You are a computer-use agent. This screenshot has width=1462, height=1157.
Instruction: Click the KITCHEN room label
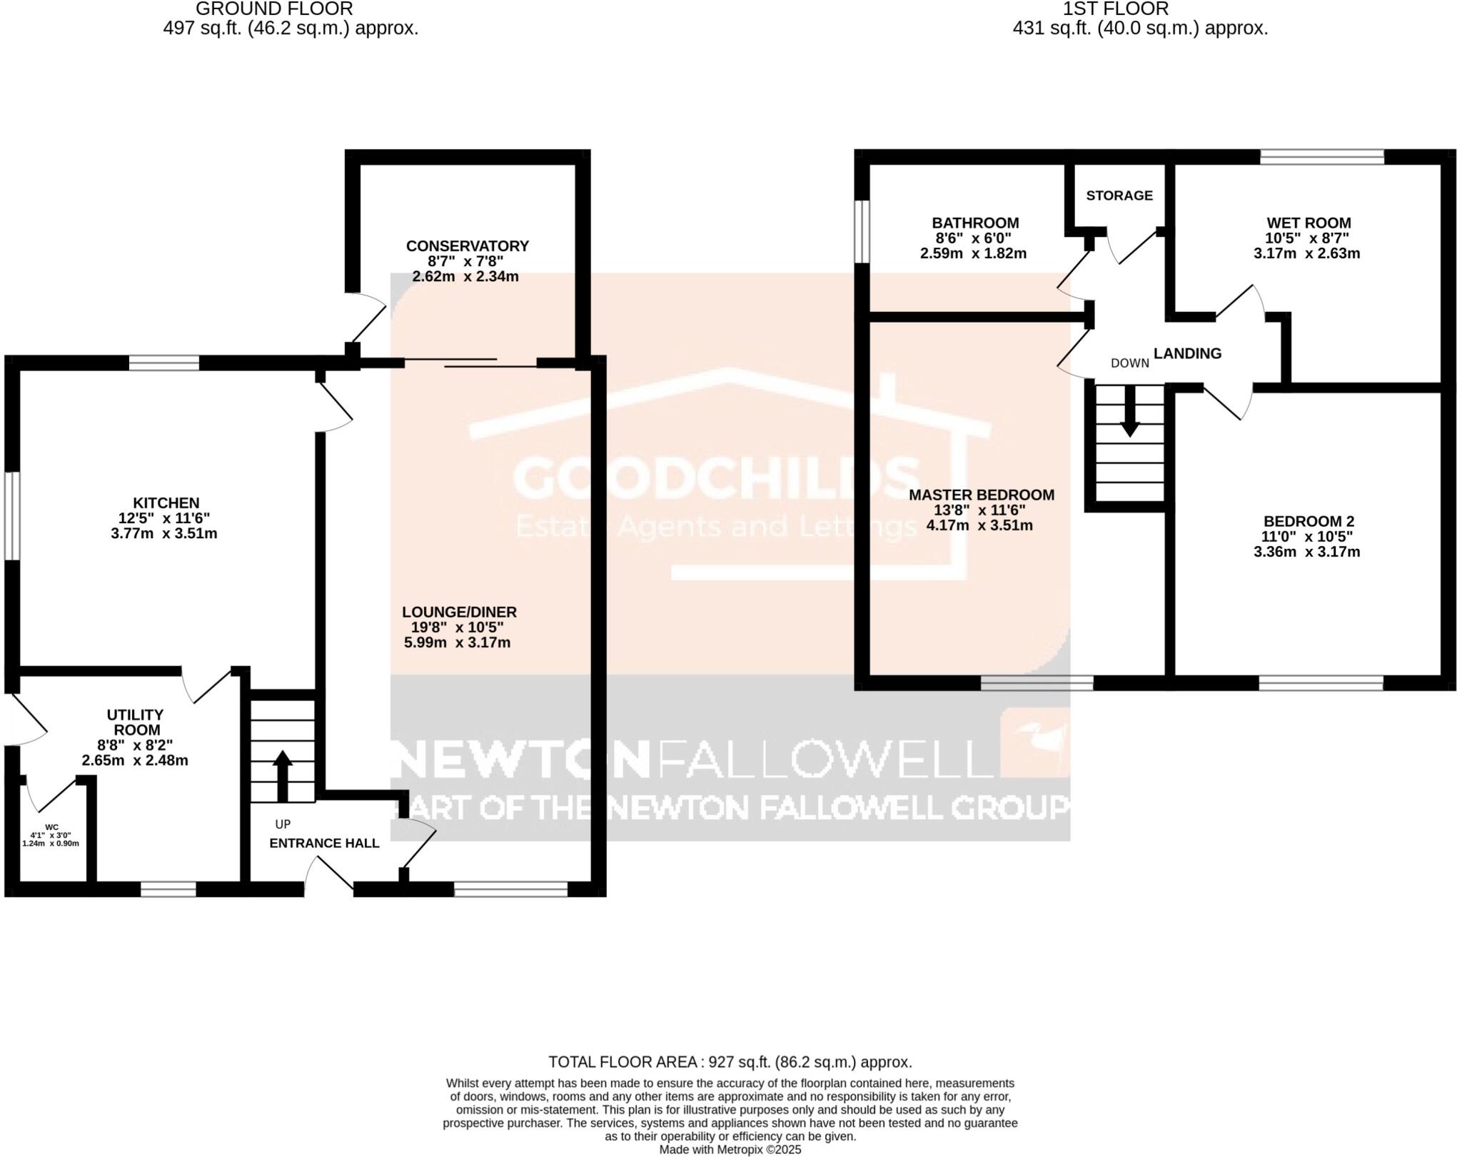coord(166,502)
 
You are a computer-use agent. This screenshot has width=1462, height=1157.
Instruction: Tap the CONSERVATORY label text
coord(467,246)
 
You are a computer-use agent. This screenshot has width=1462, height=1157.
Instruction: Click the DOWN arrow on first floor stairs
coord(1129,411)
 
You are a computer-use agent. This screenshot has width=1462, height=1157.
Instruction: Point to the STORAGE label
coord(1119,196)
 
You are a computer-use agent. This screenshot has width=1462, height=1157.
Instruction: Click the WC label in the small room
coord(51,827)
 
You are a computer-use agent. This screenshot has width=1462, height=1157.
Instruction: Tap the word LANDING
coord(1187,353)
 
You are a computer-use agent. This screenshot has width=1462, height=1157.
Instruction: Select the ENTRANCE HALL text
coord(324,843)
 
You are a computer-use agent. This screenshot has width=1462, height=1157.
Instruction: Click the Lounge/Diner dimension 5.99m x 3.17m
coord(457,642)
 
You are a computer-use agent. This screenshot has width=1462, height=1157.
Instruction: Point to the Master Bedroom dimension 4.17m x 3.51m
coord(979,526)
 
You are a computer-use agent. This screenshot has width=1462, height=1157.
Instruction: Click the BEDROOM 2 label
coord(1308,522)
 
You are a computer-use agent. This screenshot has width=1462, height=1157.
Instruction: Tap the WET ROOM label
coord(1308,223)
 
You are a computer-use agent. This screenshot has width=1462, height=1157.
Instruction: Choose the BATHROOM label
coord(974,223)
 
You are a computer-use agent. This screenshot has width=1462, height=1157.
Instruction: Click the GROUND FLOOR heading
coord(274,9)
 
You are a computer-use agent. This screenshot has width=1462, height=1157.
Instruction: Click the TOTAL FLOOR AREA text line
coord(730,1061)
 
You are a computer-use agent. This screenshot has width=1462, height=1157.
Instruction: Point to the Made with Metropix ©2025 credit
coord(730,1150)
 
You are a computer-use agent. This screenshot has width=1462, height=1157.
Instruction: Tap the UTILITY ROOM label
coord(135,722)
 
